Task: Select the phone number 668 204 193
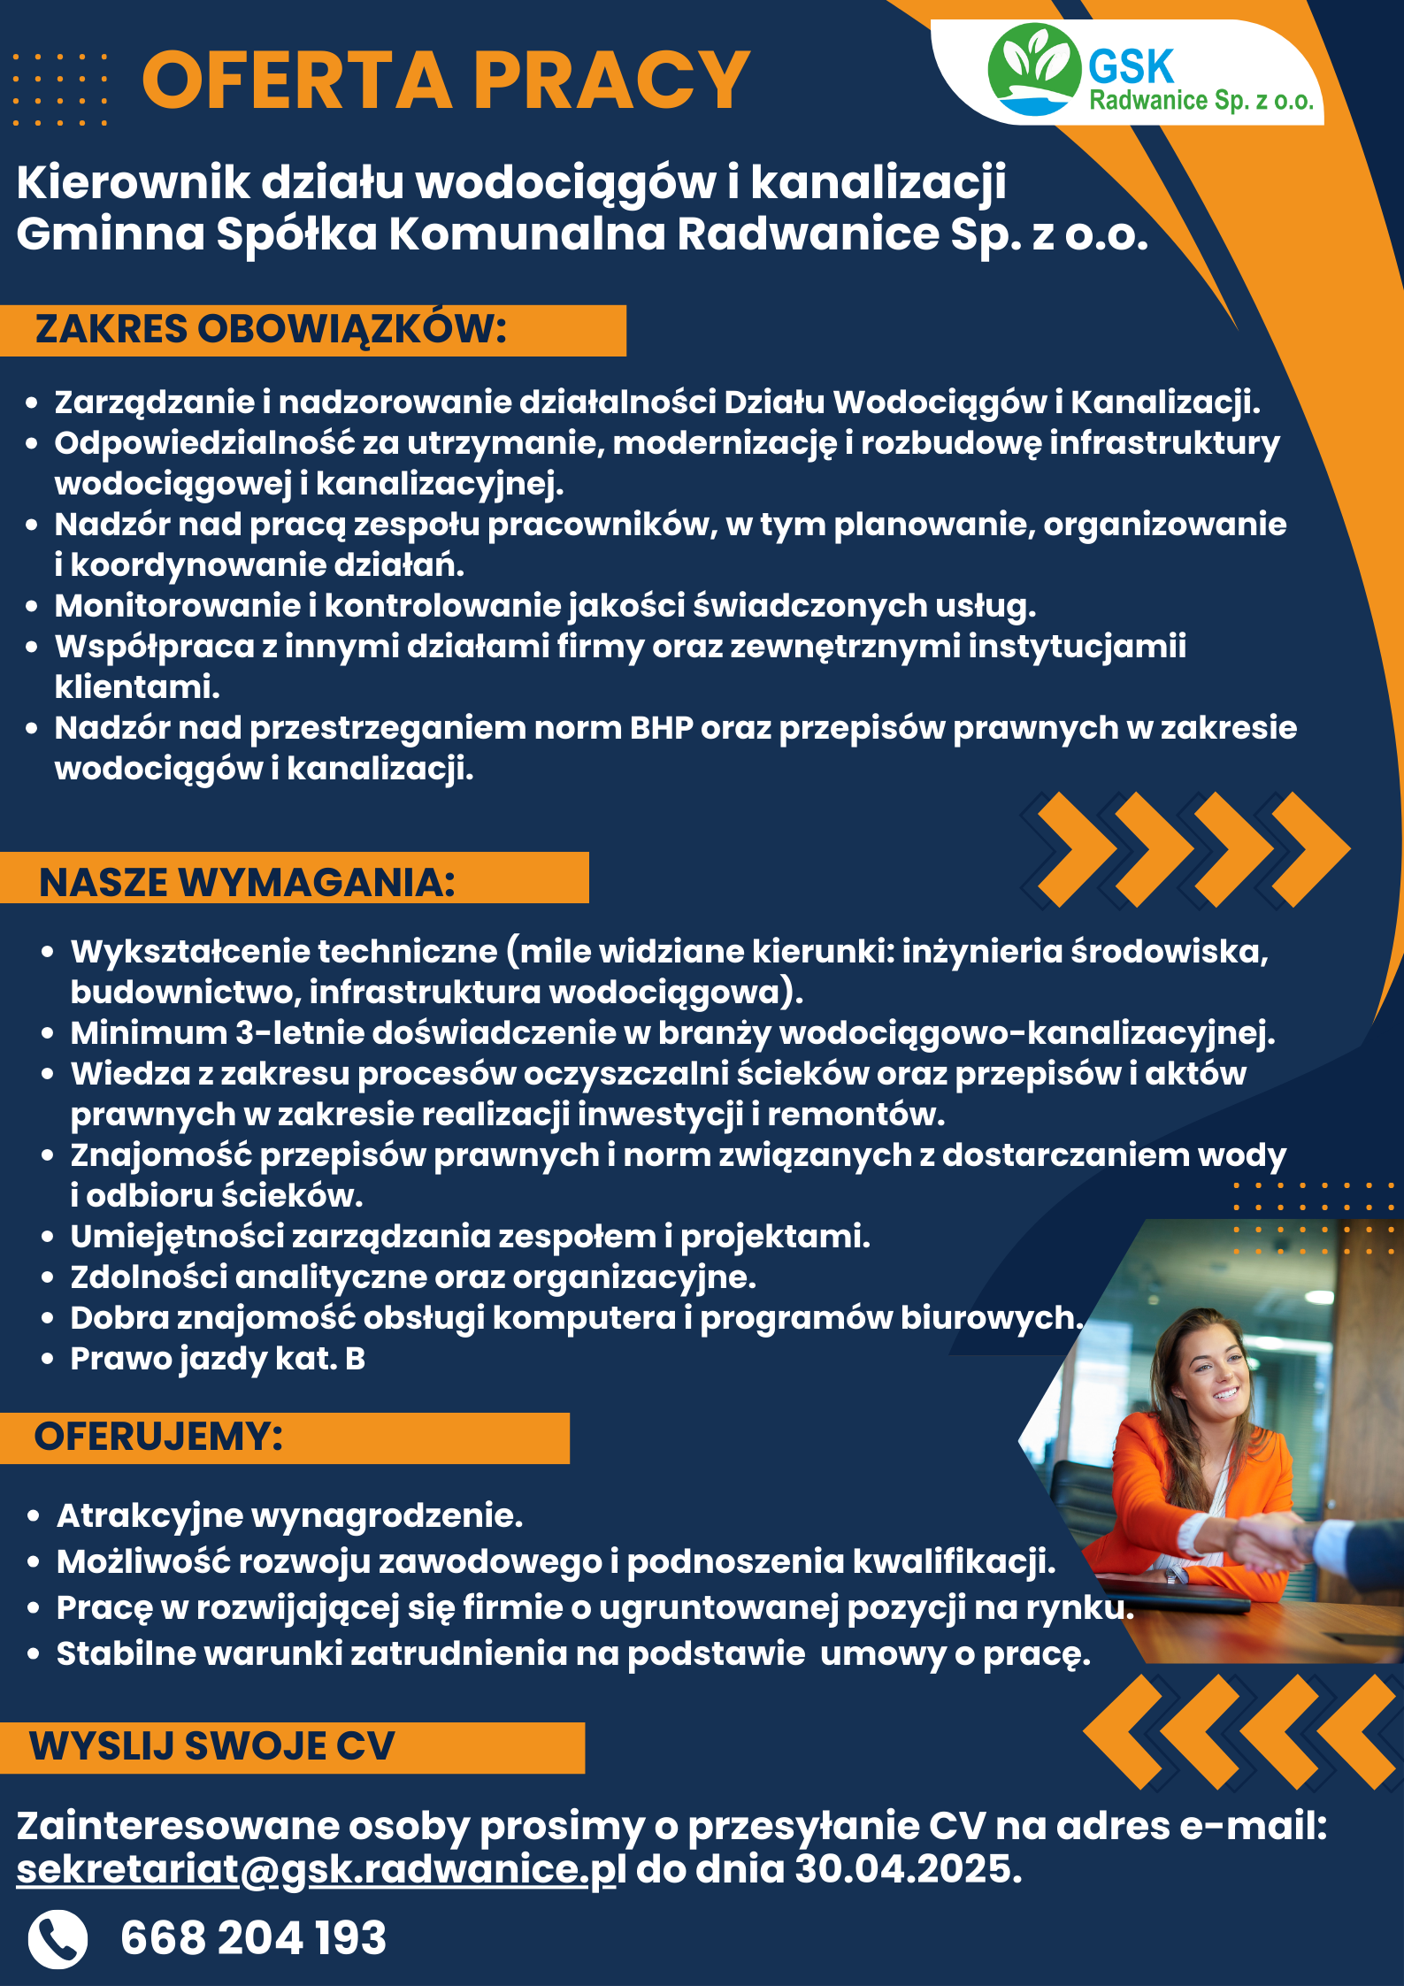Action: coord(253,1938)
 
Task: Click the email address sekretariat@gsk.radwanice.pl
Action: coord(321,1869)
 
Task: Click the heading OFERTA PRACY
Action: coord(446,81)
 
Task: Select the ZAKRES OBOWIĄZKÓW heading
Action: coord(271,328)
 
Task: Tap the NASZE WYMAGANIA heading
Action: coord(247,882)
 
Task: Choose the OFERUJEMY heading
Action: coord(158,1436)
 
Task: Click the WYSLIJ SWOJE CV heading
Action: coord(212,1745)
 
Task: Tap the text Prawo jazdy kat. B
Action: coord(218,1359)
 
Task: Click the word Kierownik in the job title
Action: coord(133,183)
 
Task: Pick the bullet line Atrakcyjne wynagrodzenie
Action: coord(289,1516)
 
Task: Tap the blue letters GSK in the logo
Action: coord(1131,67)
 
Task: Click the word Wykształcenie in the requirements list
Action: coord(190,952)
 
